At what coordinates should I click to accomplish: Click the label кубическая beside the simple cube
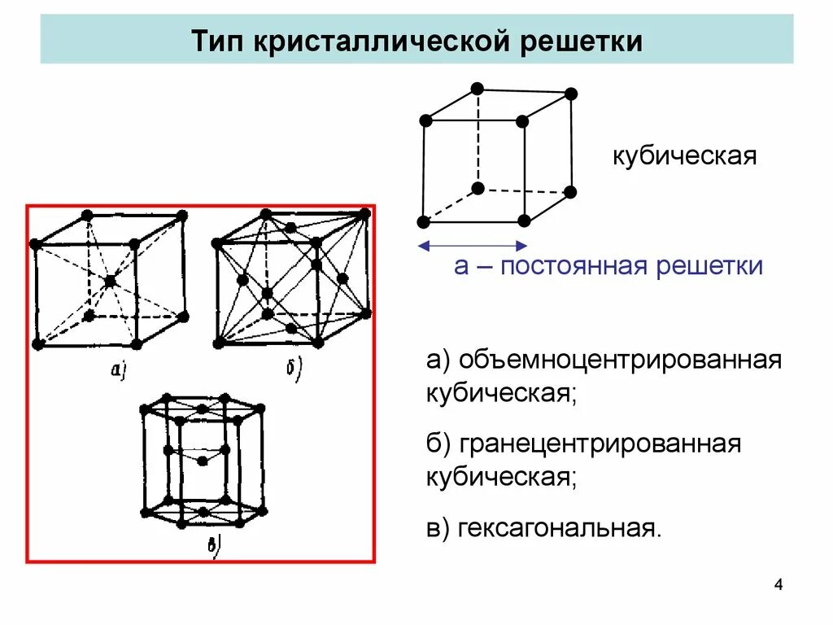click(685, 155)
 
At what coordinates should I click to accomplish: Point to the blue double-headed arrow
click(472, 245)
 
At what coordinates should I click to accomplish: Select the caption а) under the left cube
click(119, 371)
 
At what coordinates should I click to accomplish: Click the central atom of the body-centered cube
click(110, 281)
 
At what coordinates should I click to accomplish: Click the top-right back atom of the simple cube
click(571, 94)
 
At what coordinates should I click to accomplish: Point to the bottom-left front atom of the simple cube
click(423, 222)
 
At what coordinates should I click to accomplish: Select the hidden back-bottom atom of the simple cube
click(478, 189)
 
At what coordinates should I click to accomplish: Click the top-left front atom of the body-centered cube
click(35, 243)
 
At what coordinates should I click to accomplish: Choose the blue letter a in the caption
click(461, 266)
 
